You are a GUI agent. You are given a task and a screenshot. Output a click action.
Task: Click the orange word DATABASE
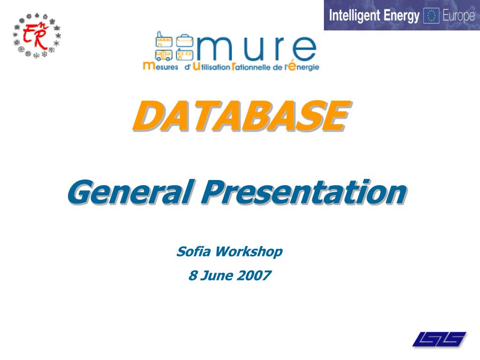tap(240, 116)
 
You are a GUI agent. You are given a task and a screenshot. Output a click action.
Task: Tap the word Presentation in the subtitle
tap(304, 192)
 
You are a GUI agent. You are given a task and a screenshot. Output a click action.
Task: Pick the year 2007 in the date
tap(254, 275)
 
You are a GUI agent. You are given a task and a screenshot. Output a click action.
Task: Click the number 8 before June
tap(192, 275)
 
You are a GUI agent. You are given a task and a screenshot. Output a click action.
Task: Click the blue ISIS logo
tap(439, 339)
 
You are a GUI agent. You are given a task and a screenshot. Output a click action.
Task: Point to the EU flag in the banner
tap(431, 16)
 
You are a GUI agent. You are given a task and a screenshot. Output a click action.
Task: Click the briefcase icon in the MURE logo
tap(185, 41)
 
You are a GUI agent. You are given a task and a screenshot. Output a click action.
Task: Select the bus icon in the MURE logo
tap(164, 55)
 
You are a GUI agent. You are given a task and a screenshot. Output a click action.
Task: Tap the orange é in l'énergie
tap(292, 66)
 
